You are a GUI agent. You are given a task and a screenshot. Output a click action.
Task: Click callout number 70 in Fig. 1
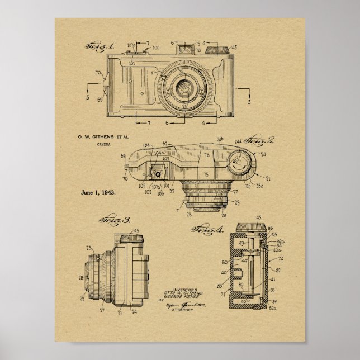pos(98,73)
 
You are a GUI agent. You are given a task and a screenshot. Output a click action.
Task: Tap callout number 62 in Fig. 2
pos(165,143)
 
